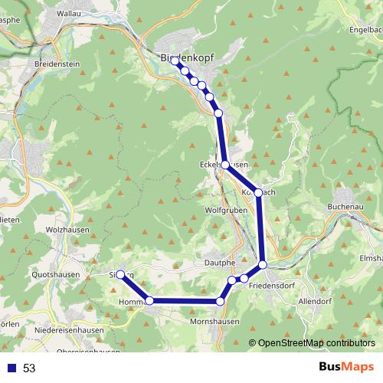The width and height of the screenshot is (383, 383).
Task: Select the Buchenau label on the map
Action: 346,206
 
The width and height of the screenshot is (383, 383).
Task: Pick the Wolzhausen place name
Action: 67,229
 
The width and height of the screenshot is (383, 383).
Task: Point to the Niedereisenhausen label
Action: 70,330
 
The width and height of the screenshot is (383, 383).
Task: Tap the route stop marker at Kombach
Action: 259,192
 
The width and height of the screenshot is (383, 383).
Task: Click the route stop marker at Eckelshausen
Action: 224,165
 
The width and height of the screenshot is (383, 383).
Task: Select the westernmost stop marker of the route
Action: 120,274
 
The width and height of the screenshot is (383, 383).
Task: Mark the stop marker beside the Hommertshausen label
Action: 150,301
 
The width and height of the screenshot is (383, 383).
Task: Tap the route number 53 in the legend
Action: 29,368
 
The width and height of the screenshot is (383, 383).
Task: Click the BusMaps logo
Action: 340,368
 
